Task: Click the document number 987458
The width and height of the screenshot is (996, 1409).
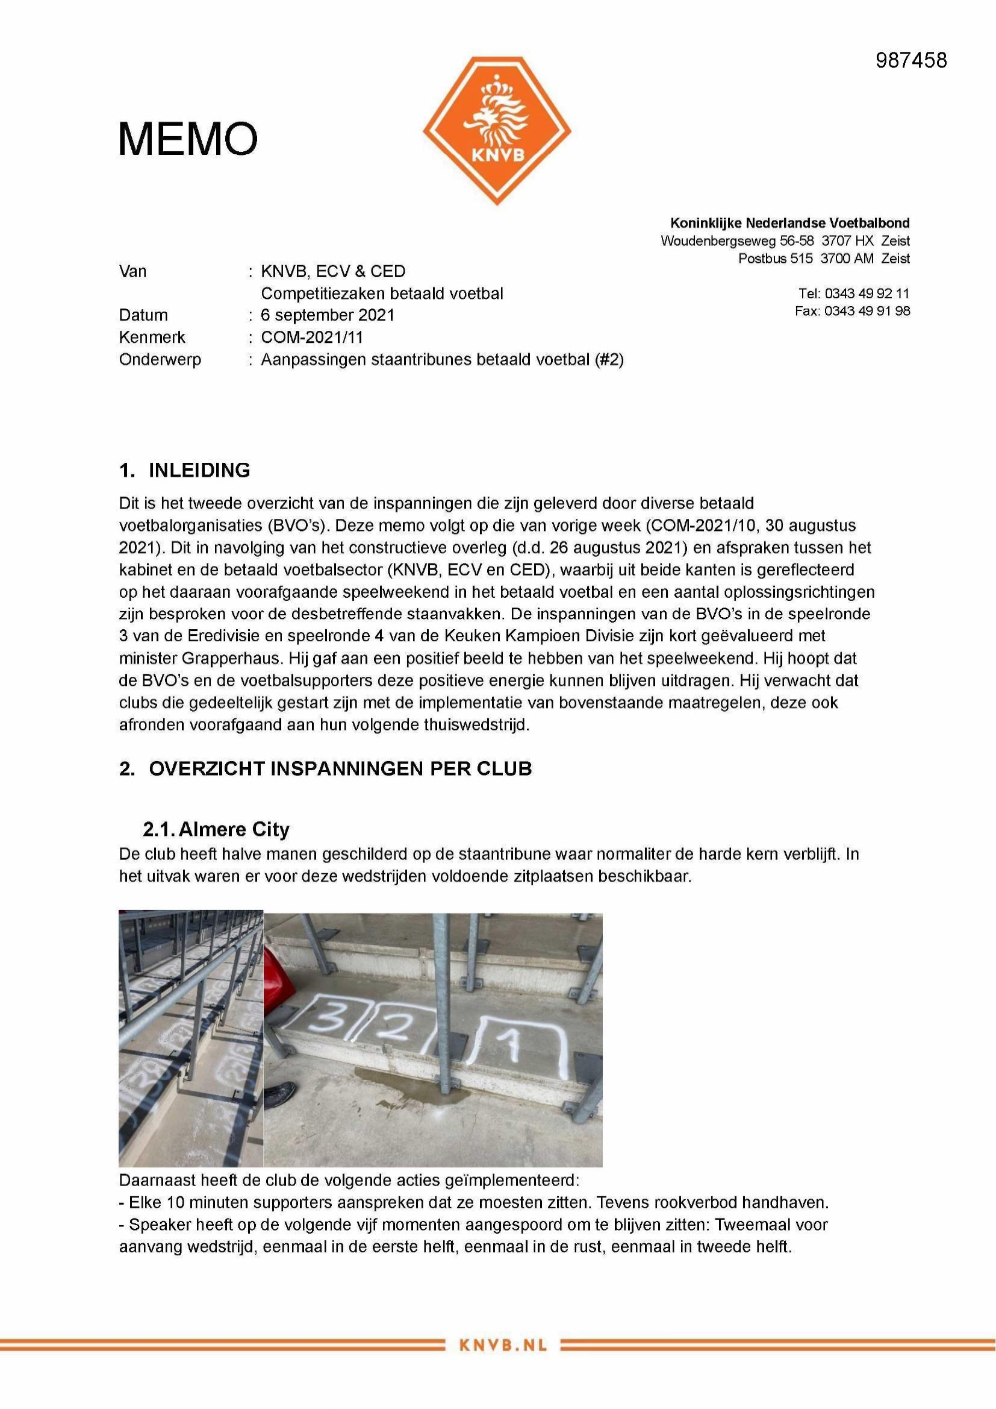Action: (910, 60)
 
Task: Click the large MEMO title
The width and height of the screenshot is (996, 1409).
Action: (188, 139)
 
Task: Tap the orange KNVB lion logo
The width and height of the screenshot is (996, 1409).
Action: (497, 130)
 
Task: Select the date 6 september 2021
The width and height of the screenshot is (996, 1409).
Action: (328, 315)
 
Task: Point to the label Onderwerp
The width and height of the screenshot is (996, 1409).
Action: (160, 360)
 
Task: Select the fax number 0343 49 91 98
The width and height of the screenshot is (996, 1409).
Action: (867, 310)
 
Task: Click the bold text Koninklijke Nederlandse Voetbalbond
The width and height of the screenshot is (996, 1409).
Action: (790, 223)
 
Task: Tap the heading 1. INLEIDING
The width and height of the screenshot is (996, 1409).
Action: (185, 470)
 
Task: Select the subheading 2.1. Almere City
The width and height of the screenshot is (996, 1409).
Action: (216, 829)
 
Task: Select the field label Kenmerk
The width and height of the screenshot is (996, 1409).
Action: (152, 337)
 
